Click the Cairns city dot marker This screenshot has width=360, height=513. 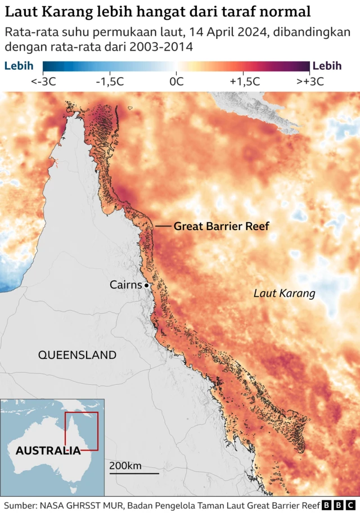[x=146, y=286]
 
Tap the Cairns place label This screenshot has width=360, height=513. [x=125, y=285]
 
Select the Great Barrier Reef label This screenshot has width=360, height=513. [x=221, y=226]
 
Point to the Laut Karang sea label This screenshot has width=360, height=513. [x=284, y=293]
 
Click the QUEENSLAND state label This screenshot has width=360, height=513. [x=77, y=355]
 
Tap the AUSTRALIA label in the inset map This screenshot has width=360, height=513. [x=48, y=451]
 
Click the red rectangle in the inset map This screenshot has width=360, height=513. [x=82, y=431]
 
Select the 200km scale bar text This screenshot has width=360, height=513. [x=125, y=465]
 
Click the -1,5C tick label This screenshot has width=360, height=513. [x=110, y=81]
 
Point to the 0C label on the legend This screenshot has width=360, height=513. [x=177, y=81]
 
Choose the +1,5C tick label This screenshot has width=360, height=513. [x=244, y=81]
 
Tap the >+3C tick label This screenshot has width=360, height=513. [x=310, y=81]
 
